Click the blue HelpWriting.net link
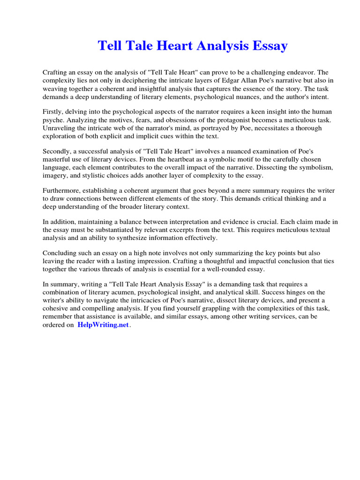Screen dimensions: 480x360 click(x=103, y=325)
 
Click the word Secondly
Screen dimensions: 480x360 click(x=58, y=151)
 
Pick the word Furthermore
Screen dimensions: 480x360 click(x=62, y=191)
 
